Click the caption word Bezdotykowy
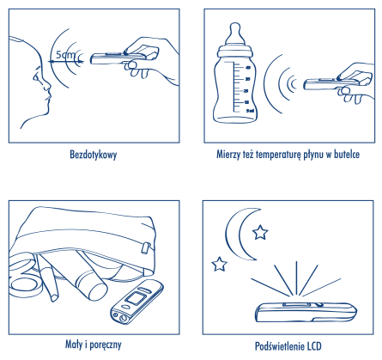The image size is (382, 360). [x=94, y=155]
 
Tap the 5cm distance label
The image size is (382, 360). [x=65, y=54]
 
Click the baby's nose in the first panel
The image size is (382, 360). [x=46, y=84]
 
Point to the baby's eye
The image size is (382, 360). [x=36, y=76]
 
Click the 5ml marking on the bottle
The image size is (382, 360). [x=250, y=111]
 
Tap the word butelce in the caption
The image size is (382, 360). [x=347, y=155]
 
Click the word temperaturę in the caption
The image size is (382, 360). [x=278, y=155]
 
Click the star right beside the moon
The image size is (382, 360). [x=260, y=232]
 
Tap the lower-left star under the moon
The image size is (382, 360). [x=219, y=265]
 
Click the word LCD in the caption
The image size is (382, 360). [x=314, y=346]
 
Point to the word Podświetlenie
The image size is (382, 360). [x=280, y=346]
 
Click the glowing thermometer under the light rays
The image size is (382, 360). [x=306, y=312]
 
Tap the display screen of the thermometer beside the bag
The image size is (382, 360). [x=136, y=299]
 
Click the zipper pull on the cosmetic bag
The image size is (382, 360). [x=146, y=247]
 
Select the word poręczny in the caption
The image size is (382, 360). [x=105, y=345]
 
